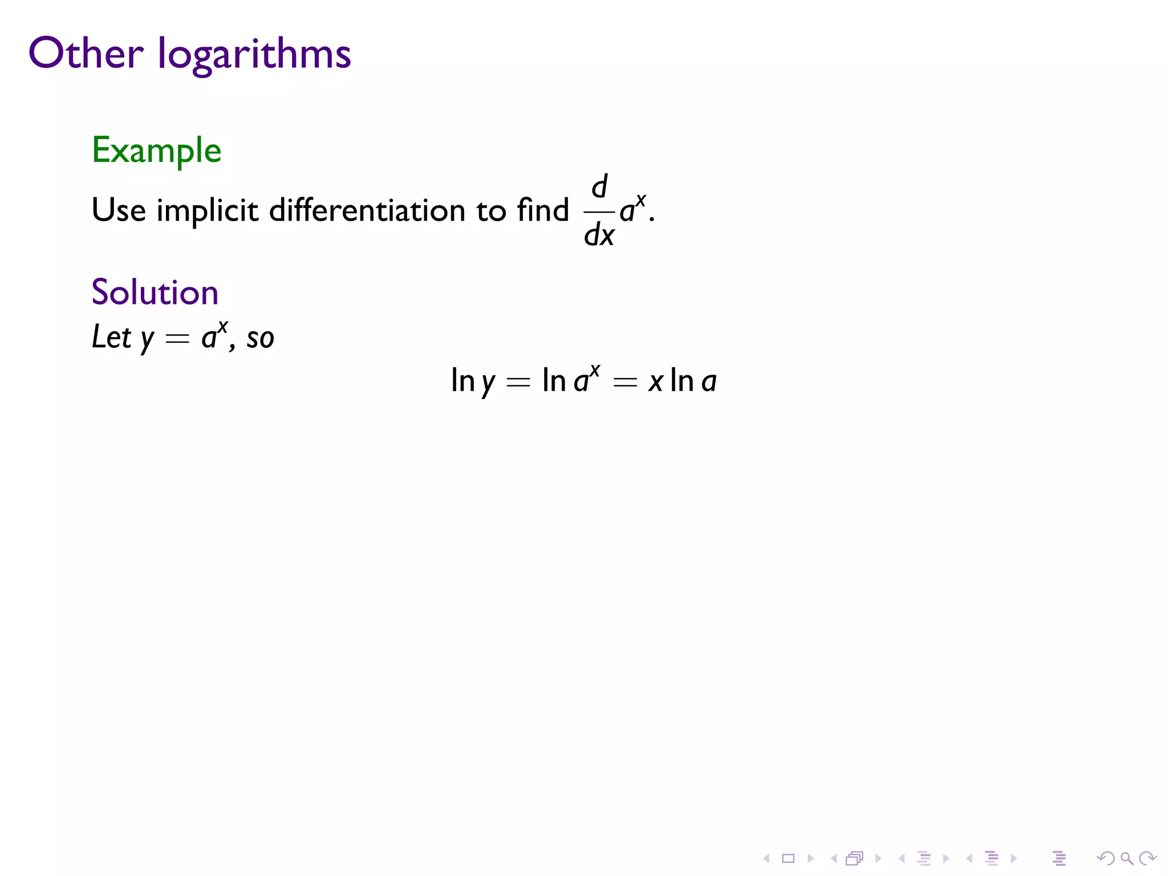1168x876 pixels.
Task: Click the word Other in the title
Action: (86, 54)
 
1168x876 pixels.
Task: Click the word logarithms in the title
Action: (254, 55)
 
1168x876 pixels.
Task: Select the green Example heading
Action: (156, 150)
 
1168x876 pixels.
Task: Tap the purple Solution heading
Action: (155, 292)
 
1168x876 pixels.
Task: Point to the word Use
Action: (119, 210)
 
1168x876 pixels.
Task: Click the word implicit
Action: (207, 211)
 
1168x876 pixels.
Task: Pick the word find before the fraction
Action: (542, 209)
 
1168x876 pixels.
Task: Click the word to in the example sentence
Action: (491, 211)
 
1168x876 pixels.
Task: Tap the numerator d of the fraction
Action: (599, 186)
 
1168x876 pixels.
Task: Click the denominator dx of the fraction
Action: (599, 234)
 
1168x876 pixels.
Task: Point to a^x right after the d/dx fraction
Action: (632, 209)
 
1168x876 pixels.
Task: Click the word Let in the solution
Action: (111, 336)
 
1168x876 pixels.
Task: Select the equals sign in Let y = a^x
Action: (177, 339)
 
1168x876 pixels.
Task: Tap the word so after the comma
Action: (260, 338)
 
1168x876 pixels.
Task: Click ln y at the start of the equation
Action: (473, 381)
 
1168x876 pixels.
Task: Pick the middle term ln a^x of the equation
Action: (570, 380)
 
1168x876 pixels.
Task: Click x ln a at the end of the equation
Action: (682, 381)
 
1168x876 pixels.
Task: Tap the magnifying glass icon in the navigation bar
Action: (1126, 858)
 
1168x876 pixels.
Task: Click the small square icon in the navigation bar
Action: (788, 858)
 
